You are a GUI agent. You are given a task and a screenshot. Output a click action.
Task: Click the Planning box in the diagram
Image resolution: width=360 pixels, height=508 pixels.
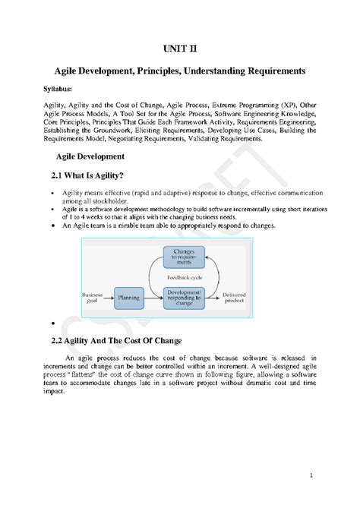coord(128,298)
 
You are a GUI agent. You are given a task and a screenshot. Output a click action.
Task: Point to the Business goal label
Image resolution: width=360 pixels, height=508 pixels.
coord(93,298)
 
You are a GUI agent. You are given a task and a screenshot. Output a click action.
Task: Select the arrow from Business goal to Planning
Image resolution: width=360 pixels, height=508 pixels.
coord(109,298)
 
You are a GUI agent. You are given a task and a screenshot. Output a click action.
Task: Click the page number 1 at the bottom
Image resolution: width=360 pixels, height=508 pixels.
coord(321,475)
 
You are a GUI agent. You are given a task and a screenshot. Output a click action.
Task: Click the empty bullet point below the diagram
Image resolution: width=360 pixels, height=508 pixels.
coord(49,323)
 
